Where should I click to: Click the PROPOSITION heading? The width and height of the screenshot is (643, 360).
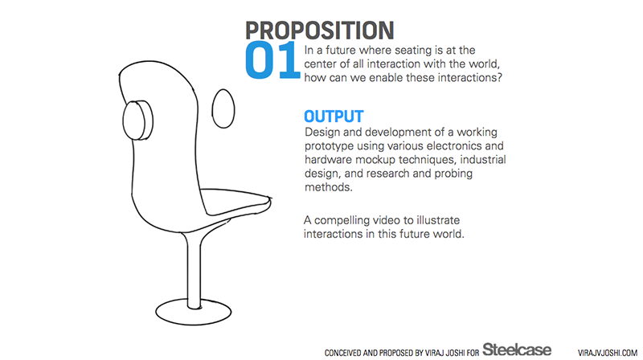[319, 31]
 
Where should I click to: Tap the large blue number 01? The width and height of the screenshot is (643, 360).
[272, 60]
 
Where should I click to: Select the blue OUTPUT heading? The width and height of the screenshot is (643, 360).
[334, 117]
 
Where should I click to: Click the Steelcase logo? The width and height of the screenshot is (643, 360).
[517, 350]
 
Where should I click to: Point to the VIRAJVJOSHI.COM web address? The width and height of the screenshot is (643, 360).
[608, 353]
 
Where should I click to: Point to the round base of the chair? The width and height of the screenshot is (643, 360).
[193, 312]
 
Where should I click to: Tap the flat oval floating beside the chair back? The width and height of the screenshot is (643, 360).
[223, 108]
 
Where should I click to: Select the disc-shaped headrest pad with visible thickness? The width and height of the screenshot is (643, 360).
[137, 121]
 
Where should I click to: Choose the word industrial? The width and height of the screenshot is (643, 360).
[481, 159]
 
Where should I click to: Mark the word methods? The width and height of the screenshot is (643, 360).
[329, 187]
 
